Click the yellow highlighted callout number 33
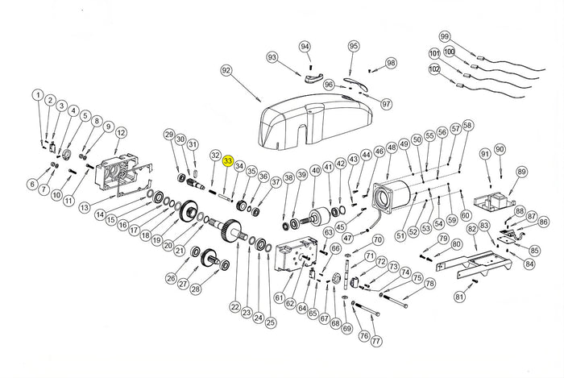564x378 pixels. (x=228, y=162)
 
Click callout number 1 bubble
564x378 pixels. (x=37, y=95)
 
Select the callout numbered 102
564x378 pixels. (x=434, y=69)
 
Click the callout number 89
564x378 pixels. (x=521, y=171)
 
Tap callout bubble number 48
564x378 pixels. (x=392, y=148)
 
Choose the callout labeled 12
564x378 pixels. (x=121, y=132)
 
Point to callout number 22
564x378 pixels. (x=234, y=306)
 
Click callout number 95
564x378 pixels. (x=353, y=47)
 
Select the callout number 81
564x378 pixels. (x=459, y=297)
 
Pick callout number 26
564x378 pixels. (x=170, y=279)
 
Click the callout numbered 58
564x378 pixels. (x=468, y=125)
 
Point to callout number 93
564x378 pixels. (x=272, y=57)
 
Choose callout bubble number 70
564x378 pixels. (x=377, y=240)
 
